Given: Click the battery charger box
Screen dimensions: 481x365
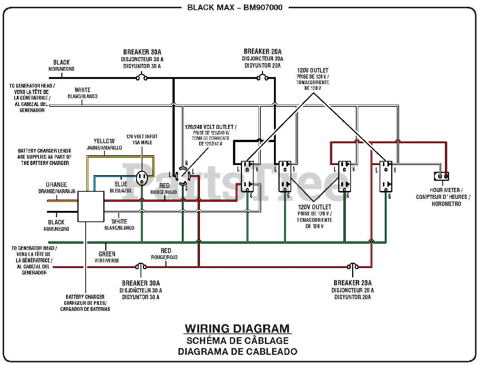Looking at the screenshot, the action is coord(91,206).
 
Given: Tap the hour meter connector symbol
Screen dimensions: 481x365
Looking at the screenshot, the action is coord(441,176).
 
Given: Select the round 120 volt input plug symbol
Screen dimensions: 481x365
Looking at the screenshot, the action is coord(142,178).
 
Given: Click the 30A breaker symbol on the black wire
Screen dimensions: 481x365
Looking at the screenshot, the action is coord(142,77).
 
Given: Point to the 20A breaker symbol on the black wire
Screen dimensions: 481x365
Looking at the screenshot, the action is coord(262,77).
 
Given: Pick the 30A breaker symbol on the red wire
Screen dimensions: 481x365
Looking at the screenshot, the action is coord(141,267).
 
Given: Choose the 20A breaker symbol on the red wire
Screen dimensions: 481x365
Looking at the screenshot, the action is coord(352,267).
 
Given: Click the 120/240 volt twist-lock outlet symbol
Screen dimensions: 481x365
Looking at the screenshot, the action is coord(183,176).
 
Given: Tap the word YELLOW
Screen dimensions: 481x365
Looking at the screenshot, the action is coord(104,141).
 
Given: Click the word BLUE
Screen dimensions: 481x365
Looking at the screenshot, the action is coord(121,184).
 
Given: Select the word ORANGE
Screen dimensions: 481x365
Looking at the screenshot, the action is coord(56,185).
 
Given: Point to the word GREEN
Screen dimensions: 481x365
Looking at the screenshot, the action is coord(107,254).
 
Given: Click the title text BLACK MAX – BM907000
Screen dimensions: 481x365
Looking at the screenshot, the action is coord(235,8).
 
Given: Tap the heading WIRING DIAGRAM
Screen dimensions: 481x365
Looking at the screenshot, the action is coord(237,329).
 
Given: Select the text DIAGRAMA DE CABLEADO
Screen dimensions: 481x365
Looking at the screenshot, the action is coord(237,351).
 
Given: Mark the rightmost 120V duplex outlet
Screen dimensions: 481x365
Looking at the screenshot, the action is coord(386,177).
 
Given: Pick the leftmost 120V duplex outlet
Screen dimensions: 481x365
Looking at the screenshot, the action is coord(247,176).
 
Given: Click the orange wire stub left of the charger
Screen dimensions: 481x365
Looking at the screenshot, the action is coord(62,201).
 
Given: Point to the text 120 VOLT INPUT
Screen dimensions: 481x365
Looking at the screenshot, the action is coord(142,136).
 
